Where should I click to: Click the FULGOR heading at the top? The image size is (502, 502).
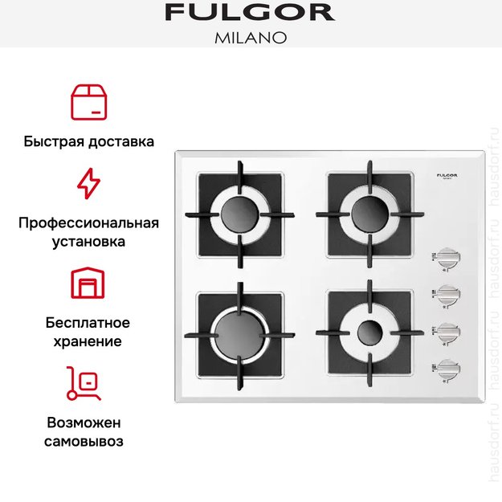249,12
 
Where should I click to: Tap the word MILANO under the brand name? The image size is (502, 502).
250,37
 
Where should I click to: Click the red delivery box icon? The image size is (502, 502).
88,100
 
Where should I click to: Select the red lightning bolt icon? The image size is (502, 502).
88,183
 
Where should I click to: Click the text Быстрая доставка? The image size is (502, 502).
88,141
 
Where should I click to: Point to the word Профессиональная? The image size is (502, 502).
88,222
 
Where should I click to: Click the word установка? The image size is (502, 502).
88,240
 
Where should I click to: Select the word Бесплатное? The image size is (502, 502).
88,323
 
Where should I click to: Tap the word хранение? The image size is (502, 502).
88,341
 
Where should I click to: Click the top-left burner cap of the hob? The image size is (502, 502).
239,214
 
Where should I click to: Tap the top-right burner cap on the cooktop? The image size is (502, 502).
369,213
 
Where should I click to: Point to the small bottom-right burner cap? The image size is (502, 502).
369,332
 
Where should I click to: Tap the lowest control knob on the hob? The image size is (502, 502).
450,367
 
